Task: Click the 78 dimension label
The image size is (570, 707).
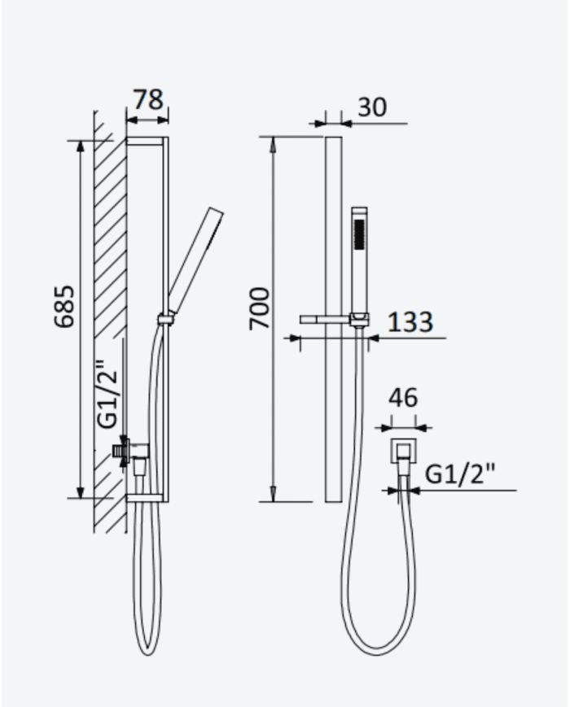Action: click(148, 99)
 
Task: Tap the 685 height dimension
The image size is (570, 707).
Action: click(64, 306)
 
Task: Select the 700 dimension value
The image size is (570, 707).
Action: click(260, 309)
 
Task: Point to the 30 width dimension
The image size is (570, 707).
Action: click(372, 107)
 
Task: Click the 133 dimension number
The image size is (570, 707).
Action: click(410, 321)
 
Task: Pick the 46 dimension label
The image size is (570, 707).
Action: click(403, 398)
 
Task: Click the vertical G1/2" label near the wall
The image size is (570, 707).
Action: click(107, 394)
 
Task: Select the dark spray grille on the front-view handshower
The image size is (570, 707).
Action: click(359, 234)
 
